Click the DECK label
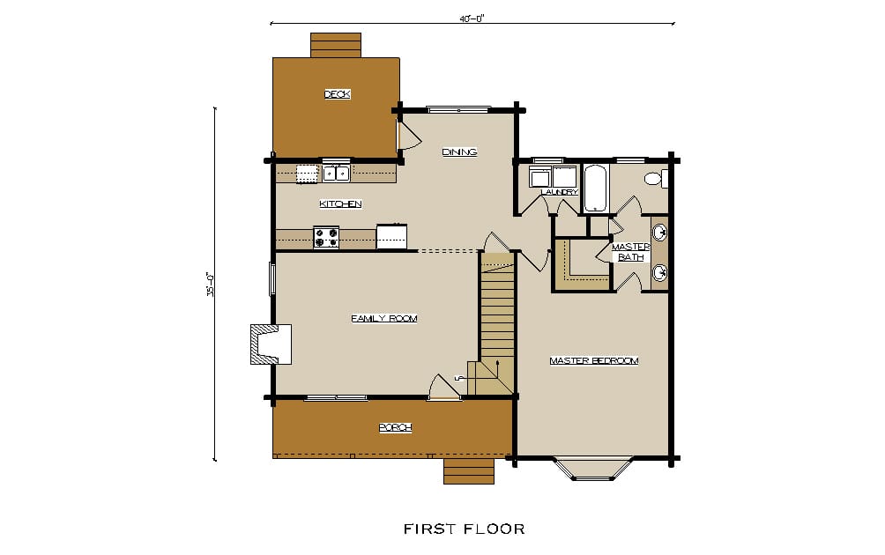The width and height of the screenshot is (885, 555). [x=338, y=94]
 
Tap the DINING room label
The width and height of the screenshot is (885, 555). [x=459, y=152]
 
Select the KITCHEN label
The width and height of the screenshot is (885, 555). [x=340, y=203]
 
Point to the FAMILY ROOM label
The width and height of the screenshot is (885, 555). [x=384, y=319]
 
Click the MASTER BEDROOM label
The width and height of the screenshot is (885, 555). [x=594, y=360]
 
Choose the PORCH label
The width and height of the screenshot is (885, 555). [x=395, y=427]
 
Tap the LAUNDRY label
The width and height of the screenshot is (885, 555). [x=560, y=192]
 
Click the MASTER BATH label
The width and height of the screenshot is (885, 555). [x=631, y=252]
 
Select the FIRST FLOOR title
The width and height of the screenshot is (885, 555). [x=464, y=529]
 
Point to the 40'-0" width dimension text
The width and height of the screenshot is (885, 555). [x=472, y=18]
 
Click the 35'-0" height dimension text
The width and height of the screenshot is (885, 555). [x=210, y=285]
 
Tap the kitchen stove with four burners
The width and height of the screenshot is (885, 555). [x=326, y=238]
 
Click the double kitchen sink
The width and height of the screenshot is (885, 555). [x=337, y=173]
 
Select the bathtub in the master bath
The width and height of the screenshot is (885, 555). [x=595, y=189]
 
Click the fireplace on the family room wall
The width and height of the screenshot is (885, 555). [x=271, y=344]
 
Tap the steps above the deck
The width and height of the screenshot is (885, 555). [x=336, y=45]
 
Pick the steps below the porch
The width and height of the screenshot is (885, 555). [x=469, y=471]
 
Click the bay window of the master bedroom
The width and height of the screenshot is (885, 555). [x=593, y=468]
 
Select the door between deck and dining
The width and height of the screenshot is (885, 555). [x=407, y=134]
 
